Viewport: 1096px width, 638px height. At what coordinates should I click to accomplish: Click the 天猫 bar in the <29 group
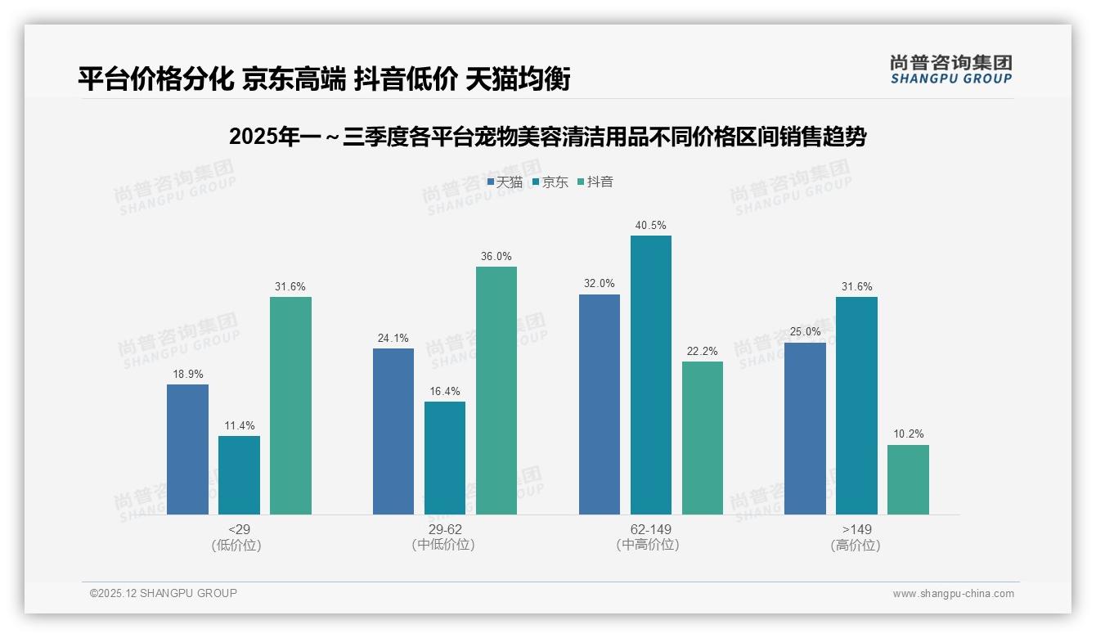point(187,449)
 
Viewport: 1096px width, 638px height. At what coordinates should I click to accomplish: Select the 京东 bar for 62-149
point(650,375)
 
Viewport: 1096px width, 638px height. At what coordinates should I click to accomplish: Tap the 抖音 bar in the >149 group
point(908,479)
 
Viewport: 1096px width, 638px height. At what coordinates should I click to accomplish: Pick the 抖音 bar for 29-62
point(496,390)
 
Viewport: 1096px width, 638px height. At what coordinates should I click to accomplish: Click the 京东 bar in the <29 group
point(239,474)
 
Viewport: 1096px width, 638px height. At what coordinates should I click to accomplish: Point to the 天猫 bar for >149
point(805,429)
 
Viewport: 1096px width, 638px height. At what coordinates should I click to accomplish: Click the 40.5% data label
point(650,225)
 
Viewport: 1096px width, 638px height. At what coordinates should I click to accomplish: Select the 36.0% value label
point(496,256)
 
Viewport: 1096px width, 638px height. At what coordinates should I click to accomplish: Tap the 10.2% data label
point(908,434)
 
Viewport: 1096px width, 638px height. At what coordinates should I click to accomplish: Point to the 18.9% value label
point(187,374)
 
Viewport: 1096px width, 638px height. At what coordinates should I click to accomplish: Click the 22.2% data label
point(702,351)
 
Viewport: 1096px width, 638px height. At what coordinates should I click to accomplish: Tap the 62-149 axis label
point(650,529)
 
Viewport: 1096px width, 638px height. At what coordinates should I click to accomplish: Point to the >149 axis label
point(856,529)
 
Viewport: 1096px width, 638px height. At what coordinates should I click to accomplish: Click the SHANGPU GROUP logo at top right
point(950,70)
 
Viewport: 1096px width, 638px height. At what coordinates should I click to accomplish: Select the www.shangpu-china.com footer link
point(953,594)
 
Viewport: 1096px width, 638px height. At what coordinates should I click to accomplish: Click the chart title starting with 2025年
point(547,137)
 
